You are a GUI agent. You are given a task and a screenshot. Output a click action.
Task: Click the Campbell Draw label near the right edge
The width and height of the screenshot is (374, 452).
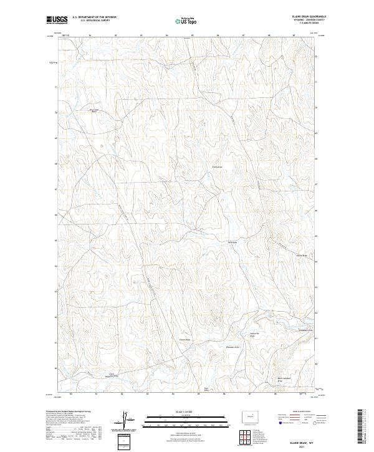pyautogui.click(x=305, y=330)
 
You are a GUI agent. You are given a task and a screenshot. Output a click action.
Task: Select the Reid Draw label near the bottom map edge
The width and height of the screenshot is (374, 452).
pyautogui.click(x=206, y=389)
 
